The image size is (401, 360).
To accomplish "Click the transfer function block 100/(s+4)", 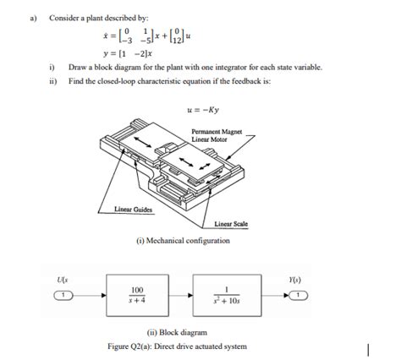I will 136,295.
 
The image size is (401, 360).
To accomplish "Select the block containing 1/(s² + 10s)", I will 227,295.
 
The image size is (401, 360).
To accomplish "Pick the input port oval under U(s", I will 63,295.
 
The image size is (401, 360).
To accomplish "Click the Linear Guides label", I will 132,208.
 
